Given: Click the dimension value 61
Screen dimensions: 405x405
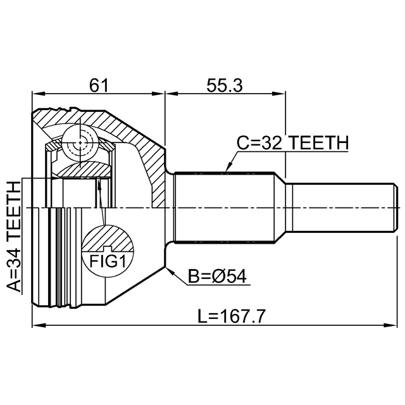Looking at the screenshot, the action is [99, 85].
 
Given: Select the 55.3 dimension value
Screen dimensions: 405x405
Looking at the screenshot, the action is [225, 85].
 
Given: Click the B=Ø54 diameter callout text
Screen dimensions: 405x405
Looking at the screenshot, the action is [217, 277].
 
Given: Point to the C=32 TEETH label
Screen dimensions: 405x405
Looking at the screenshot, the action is [292, 143].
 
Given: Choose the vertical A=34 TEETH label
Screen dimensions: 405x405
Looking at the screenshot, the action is [13, 237].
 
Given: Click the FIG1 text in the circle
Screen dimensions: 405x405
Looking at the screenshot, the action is [108, 261].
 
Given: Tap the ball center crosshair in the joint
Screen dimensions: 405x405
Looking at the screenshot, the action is [80, 142].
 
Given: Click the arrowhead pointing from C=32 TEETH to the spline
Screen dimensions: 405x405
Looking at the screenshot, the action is [228, 167].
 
